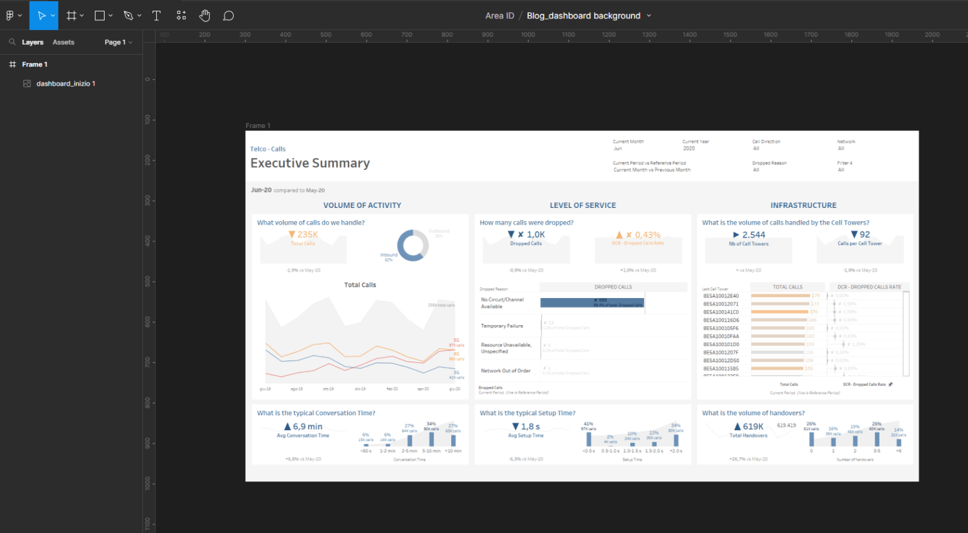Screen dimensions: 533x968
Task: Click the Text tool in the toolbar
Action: (156, 16)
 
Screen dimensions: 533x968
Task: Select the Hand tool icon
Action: (205, 16)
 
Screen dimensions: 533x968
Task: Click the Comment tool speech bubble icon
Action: (229, 16)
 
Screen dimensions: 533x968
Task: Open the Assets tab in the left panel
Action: (63, 42)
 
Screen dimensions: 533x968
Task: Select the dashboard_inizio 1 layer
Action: (66, 84)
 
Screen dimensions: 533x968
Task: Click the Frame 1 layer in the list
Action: (35, 64)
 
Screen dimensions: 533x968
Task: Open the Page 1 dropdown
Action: (118, 42)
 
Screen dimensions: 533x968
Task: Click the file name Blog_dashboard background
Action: (584, 16)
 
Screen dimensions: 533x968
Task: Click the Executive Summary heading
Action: (310, 163)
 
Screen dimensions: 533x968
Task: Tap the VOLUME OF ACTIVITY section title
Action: (362, 205)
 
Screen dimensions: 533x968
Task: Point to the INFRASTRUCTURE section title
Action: (803, 205)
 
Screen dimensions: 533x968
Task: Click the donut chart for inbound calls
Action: (413, 245)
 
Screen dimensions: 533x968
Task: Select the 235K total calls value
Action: (307, 234)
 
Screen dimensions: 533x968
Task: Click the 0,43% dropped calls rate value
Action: (647, 234)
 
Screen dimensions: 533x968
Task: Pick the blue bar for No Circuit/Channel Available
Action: (592, 302)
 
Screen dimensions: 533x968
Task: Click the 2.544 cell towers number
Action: (753, 234)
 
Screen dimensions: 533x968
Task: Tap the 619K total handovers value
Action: (752, 427)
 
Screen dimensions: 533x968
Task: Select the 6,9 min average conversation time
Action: (307, 427)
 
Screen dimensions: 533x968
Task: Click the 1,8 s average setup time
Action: (530, 427)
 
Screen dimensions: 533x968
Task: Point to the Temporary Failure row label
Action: (502, 326)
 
